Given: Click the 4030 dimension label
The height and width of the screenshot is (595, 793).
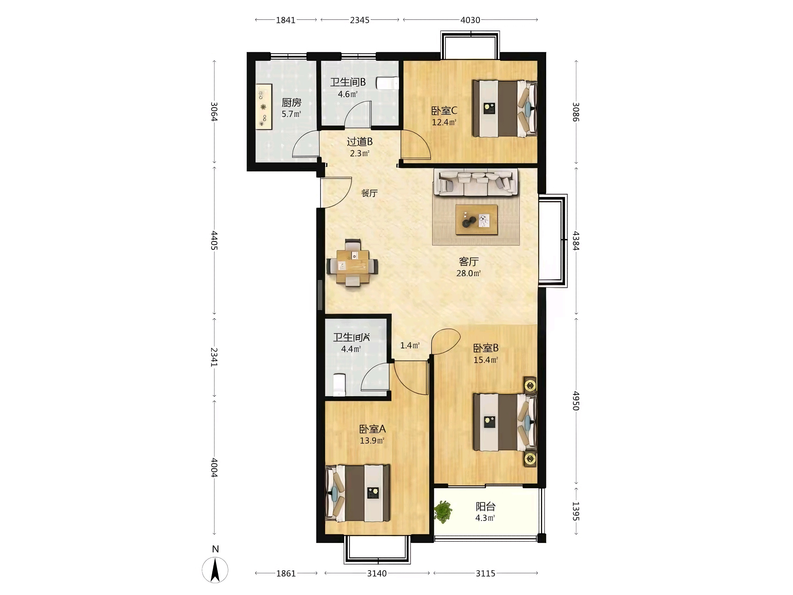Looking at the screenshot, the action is (470, 20).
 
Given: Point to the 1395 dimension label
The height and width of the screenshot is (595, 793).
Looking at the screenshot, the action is (576, 511).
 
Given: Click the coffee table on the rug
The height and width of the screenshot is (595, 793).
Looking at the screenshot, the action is (476, 220).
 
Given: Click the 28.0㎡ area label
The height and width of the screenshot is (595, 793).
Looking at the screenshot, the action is (468, 273).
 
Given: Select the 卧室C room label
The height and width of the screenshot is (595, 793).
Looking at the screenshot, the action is (444, 110).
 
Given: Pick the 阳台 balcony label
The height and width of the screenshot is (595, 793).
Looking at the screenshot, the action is (485, 506).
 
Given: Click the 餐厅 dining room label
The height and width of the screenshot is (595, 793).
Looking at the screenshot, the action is (369, 193).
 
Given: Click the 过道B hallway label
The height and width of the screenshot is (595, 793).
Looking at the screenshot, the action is (360, 142).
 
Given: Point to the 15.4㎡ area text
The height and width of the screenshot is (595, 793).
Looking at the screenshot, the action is (485, 360).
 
